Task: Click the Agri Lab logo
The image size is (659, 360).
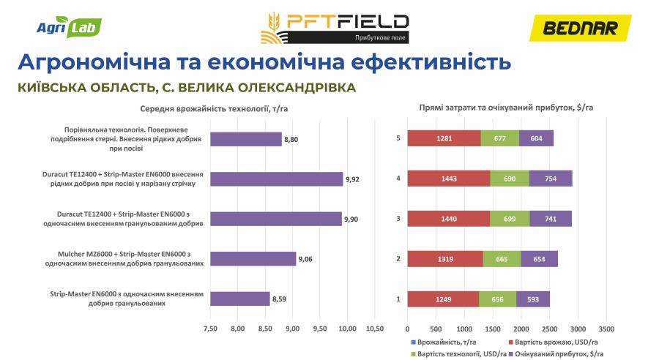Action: coord(69,29)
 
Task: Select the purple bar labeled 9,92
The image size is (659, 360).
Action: coord(277,179)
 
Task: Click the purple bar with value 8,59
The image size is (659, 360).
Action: coord(240,299)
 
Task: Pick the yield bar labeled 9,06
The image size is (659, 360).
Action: coord(253,258)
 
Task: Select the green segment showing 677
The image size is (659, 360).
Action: coord(500,138)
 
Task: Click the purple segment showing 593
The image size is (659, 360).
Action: coord(533,299)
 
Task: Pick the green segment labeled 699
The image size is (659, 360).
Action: coord(510,218)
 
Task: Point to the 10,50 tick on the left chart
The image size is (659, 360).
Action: coord(375,327)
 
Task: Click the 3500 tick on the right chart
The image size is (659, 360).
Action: coord(606,327)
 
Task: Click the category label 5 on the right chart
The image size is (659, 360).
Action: coord(398,138)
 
